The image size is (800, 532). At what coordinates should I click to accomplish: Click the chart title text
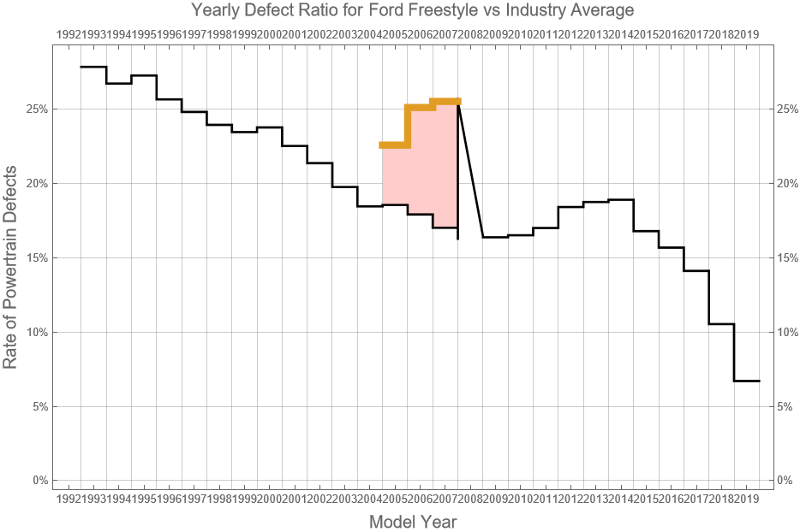click(413, 11)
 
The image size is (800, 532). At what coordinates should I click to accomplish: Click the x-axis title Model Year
click(412, 521)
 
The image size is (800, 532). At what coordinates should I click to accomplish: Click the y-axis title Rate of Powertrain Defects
click(11, 267)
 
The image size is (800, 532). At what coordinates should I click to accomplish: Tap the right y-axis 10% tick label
click(787, 332)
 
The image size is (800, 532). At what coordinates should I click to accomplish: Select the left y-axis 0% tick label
click(39, 480)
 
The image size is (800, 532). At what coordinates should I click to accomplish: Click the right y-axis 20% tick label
click(787, 184)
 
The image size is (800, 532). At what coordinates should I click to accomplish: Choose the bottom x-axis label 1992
click(69, 499)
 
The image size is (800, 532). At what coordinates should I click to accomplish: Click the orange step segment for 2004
click(395, 145)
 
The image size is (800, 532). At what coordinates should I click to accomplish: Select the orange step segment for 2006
click(445, 102)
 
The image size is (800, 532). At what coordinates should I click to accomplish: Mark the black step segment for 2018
click(747, 381)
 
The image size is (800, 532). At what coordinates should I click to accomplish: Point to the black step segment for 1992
click(93, 67)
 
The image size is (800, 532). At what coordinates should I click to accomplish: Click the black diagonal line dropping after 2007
click(471, 171)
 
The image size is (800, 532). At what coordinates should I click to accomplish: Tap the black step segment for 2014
click(646, 231)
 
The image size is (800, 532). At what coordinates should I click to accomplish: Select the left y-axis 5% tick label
click(39, 406)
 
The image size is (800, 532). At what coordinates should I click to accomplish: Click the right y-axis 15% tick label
click(787, 258)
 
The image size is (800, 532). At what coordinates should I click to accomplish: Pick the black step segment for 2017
click(721, 324)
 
